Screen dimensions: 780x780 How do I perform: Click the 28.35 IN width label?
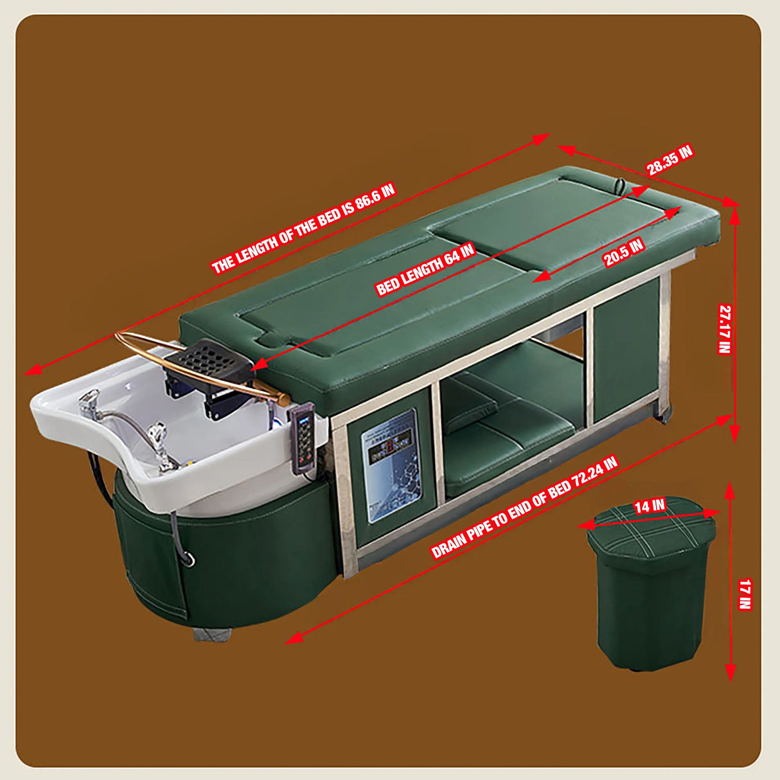click(669, 161)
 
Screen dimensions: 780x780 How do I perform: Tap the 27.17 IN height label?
click(725, 329)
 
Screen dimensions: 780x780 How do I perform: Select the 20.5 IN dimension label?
click(624, 253)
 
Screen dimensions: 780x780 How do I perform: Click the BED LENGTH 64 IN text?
click(425, 269)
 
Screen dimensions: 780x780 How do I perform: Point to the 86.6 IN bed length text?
click(303, 229)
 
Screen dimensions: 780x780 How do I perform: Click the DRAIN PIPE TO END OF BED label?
click(524, 508)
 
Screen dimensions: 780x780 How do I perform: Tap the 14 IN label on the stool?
click(649, 507)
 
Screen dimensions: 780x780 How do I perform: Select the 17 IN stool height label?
click(744, 594)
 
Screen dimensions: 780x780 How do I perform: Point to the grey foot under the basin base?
click(212, 633)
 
